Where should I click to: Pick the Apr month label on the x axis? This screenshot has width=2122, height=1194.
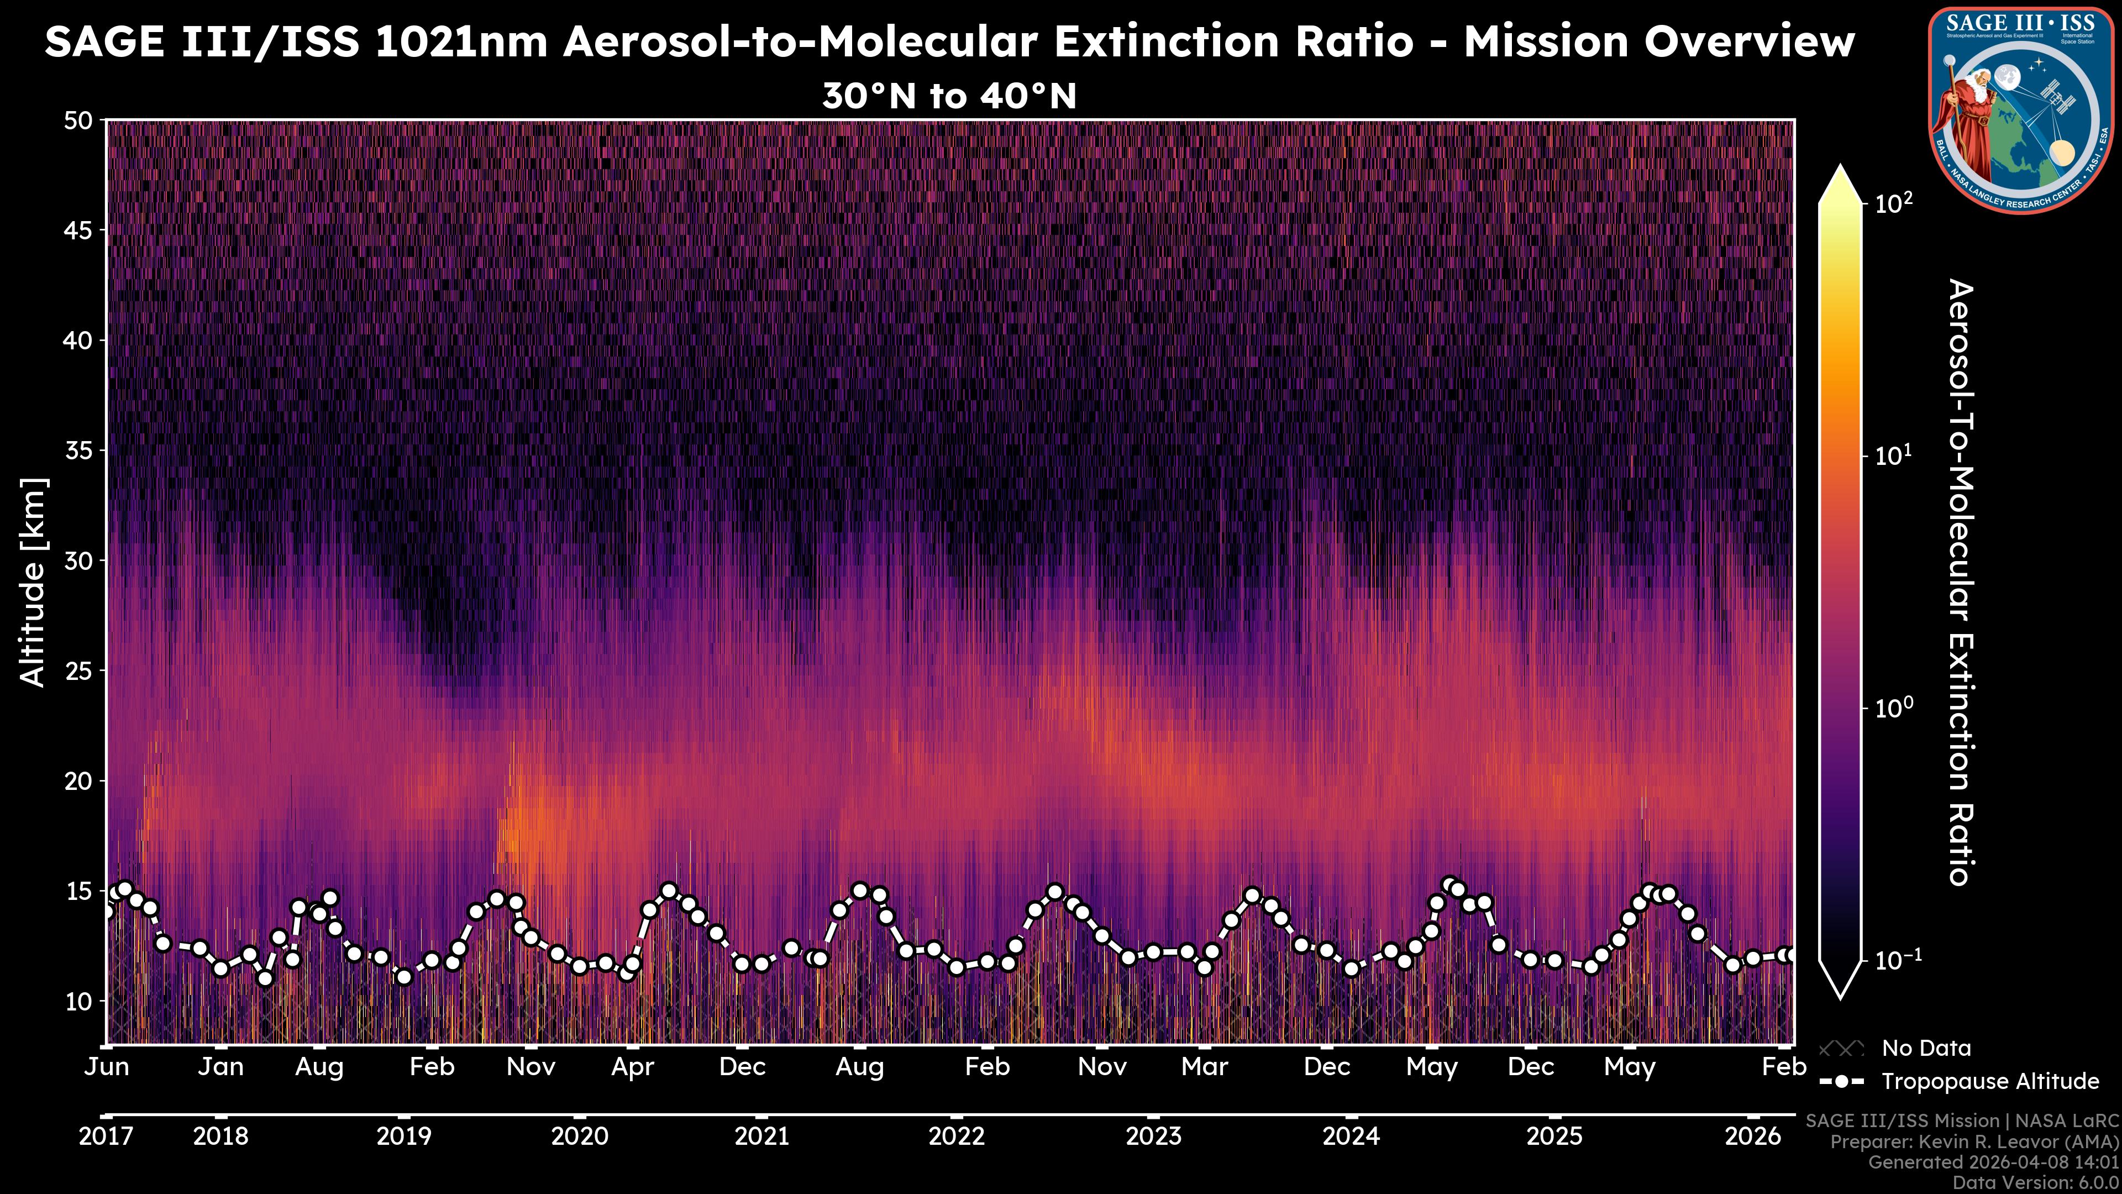point(633,1067)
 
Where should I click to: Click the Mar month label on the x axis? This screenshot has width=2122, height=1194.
point(1204,1067)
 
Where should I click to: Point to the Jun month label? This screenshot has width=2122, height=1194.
point(107,1067)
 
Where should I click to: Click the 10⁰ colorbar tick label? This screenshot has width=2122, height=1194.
point(1894,708)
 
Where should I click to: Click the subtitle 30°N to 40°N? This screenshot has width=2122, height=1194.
point(949,96)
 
